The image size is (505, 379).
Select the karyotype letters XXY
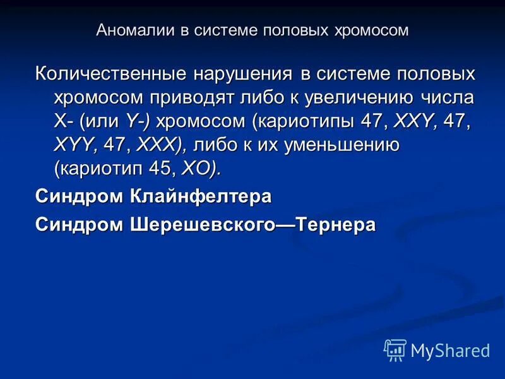[414, 121]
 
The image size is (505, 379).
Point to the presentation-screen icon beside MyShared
[395, 350]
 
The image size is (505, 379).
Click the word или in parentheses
[102, 121]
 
